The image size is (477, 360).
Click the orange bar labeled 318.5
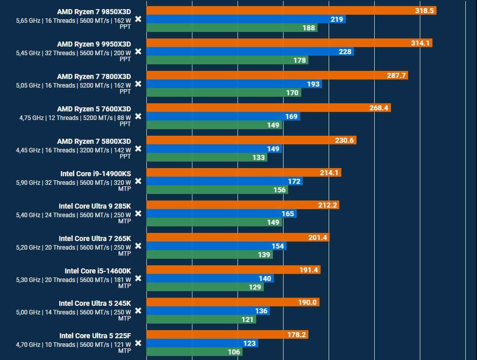tap(291, 11)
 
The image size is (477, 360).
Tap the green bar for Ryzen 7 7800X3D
tap(223, 93)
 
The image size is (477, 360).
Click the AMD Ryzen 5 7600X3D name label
tap(94, 109)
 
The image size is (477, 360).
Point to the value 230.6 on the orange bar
tap(344, 140)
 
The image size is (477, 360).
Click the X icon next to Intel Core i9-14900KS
tap(138, 181)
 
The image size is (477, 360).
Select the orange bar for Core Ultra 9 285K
tap(243, 205)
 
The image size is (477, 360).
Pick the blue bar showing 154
tap(216, 246)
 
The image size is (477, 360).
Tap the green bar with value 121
tap(201, 319)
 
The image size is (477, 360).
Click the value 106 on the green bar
tap(233, 352)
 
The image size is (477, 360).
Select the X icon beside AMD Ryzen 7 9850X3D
tap(138, 19)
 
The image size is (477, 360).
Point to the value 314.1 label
tap(420, 43)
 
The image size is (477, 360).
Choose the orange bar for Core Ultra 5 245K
tap(232, 302)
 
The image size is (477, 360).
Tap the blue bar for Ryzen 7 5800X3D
tap(214, 149)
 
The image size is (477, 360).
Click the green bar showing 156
tap(217, 190)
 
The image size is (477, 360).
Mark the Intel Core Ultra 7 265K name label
tap(95, 238)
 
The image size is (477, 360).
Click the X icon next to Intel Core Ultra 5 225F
tap(138, 343)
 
